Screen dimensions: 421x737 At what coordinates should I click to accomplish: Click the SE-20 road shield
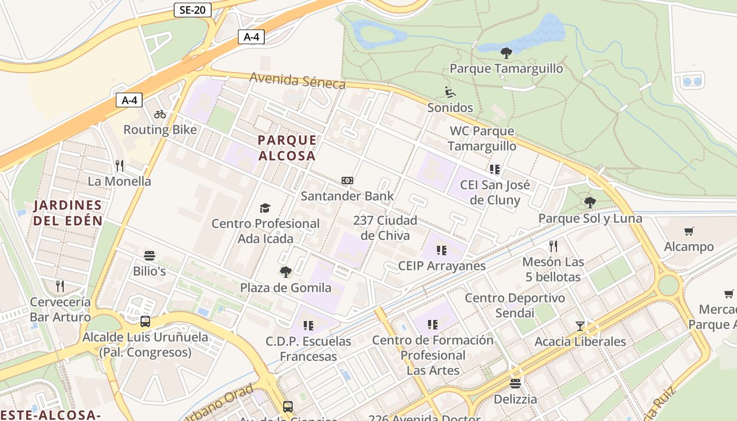click(193, 9)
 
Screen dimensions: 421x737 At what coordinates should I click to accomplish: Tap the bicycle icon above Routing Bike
click(160, 114)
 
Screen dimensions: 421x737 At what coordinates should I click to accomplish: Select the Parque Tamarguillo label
click(506, 68)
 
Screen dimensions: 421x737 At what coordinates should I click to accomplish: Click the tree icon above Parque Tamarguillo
click(506, 53)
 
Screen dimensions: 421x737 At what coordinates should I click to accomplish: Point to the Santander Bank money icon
click(347, 181)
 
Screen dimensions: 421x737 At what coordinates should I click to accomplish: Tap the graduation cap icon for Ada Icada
click(265, 208)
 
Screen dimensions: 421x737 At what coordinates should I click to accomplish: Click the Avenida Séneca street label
click(297, 80)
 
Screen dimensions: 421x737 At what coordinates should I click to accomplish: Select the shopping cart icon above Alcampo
click(689, 231)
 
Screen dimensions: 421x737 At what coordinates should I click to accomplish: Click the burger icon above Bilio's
click(150, 256)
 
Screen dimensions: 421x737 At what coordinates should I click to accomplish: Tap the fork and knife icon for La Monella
click(119, 166)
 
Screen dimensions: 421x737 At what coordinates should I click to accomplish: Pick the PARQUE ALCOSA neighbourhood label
click(287, 148)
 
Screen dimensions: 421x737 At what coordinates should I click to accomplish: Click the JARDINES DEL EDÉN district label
click(68, 213)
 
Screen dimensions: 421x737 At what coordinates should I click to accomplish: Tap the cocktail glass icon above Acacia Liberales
click(580, 326)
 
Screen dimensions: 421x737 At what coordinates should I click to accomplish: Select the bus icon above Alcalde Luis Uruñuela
click(145, 321)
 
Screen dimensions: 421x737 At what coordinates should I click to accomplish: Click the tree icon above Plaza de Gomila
click(285, 272)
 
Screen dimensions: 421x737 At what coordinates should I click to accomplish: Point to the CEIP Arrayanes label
click(442, 265)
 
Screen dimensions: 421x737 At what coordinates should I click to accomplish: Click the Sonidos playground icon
click(450, 92)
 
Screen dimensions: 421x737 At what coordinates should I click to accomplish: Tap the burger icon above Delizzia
click(515, 384)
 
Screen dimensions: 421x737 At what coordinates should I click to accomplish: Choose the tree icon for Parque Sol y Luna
click(590, 202)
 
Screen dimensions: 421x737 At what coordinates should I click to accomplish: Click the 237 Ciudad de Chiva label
click(385, 227)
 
